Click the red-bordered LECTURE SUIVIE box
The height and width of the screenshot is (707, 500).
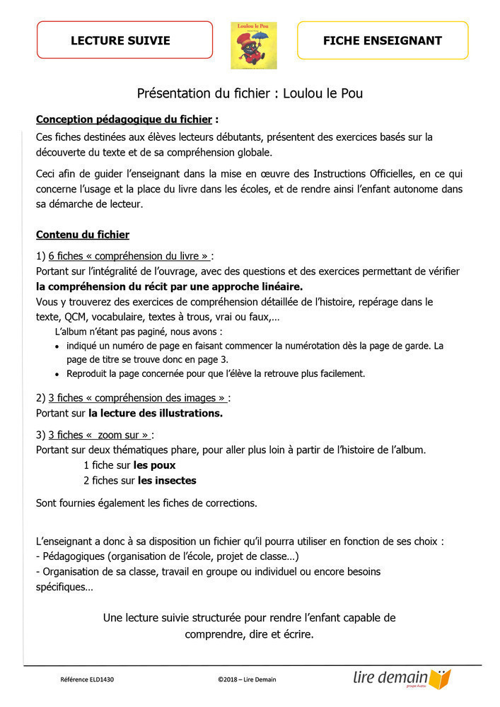[x=124, y=40]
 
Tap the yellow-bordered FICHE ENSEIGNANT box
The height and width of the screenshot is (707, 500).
[x=382, y=40]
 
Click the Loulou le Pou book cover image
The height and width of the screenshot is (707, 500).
[x=254, y=45]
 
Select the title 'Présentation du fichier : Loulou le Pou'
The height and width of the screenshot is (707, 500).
[x=250, y=93]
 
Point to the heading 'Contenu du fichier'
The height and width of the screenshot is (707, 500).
[x=83, y=234]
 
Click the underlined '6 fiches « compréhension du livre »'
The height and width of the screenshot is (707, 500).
[x=129, y=256]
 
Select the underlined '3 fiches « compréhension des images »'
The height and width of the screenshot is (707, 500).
[x=138, y=398]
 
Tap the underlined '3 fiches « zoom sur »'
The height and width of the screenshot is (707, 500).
[x=100, y=434]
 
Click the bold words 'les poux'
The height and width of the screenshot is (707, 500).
[x=154, y=465]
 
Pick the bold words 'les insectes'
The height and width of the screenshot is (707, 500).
[x=167, y=480]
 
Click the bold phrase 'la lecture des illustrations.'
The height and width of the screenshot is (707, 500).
[x=156, y=413]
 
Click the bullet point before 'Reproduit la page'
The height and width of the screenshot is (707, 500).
[x=57, y=374]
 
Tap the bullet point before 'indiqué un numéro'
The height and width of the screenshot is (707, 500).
[x=57, y=346]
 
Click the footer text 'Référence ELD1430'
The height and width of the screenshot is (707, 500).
[x=87, y=679]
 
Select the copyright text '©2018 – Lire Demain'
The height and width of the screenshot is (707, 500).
[x=247, y=679]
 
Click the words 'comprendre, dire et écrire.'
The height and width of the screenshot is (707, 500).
[x=249, y=634]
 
